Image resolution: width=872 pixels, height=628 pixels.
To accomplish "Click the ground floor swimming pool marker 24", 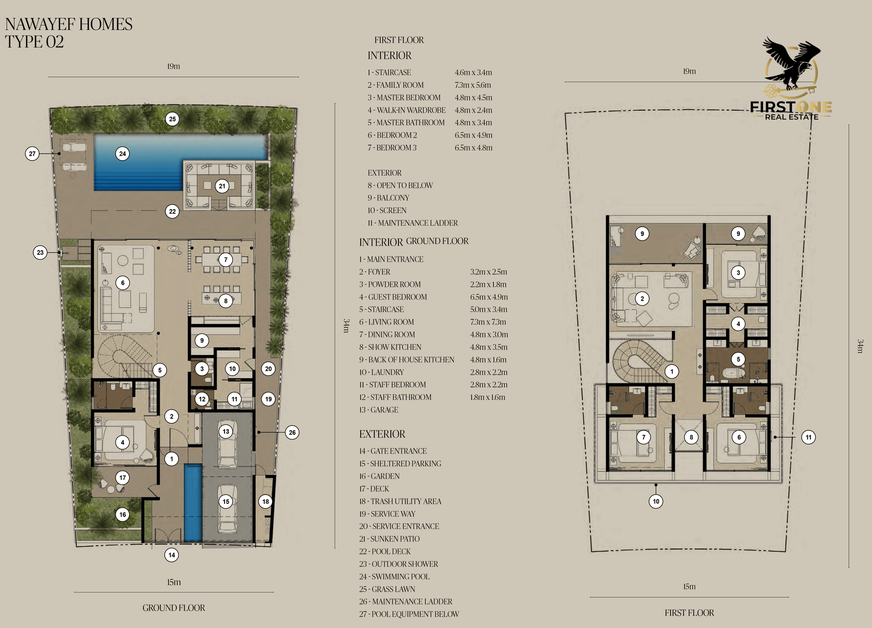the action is [123, 154].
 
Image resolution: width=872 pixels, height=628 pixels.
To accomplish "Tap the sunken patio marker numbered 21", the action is [222, 186].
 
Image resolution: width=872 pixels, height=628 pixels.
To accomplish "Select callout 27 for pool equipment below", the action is [32, 154].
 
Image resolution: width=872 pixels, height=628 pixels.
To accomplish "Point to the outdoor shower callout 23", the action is [40, 253].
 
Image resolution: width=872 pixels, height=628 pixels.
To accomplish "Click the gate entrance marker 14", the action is [172, 555].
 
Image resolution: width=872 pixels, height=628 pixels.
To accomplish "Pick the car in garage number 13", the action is [227, 443].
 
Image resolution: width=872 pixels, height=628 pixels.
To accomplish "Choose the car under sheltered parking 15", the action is [227, 508].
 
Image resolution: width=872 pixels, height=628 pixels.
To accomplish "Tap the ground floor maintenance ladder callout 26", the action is [292, 432].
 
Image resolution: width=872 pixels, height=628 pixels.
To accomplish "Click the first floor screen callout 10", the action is [656, 501].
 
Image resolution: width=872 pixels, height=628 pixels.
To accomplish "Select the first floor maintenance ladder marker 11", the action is [809, 437].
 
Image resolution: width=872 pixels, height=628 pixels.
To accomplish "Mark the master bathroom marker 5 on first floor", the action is [738, 359].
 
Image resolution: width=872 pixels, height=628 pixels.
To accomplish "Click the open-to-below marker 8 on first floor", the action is [692, 437].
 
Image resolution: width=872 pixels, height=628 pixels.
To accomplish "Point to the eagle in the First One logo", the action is [792, 64].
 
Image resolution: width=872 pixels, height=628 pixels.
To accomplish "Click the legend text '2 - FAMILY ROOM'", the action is [396, 85].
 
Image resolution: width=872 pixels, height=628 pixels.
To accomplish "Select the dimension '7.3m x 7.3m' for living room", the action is [488, 322].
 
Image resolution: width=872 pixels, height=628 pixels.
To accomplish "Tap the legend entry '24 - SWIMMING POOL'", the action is [395, 577].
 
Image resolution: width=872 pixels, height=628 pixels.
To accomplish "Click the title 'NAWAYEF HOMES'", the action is [69, 24].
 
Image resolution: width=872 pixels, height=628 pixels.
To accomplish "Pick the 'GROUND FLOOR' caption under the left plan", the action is [174, 608].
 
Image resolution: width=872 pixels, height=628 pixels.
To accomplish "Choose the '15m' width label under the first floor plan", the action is [689, 587].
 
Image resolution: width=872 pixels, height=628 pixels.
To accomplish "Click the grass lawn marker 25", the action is [172, 119].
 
